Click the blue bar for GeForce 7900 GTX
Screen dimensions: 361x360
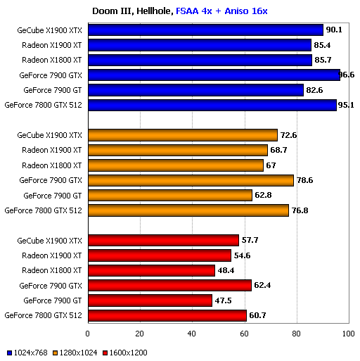click(x=214, y=75)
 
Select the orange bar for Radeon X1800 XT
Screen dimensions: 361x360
click(x=175, y=165)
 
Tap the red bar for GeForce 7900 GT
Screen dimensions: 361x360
click(x=150, y=300)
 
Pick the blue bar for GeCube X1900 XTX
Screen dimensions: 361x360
click(x=205, y=30)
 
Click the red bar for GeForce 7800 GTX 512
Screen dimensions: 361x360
click(x=167, y=315)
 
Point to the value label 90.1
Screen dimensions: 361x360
click(x=334, y=30)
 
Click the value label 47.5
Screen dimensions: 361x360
click(x=223, y=300)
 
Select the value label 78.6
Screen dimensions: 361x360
click(x=304, y=180)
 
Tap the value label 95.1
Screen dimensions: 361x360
click(x=346, y=105)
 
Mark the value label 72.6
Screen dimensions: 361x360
click(x=288, y=135)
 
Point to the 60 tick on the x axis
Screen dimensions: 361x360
click(x=244, y=334)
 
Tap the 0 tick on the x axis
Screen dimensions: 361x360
click(x=88, y=334)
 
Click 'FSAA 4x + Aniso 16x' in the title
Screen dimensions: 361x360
click(x=221, y=11)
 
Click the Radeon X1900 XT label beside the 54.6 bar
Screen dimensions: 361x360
click(x=51, y=255)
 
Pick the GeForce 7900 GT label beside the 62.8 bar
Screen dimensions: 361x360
click(x=53, y=195)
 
